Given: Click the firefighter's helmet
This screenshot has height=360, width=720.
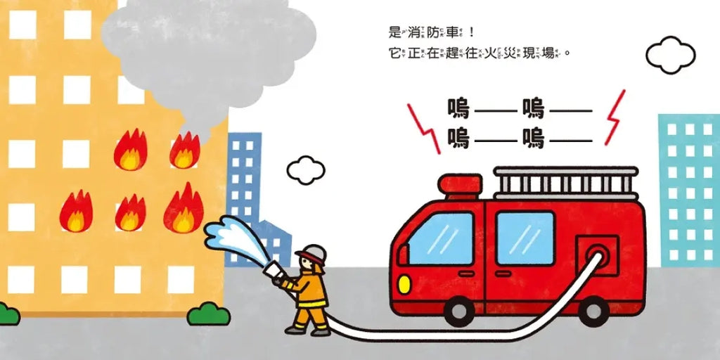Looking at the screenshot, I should tap(313, 253).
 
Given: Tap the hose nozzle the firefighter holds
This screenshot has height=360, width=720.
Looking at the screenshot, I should tap(274, 272).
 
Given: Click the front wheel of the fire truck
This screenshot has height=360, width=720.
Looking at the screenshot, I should tap(461, 310).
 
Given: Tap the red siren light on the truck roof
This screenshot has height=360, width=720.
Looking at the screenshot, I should tap(461, 184).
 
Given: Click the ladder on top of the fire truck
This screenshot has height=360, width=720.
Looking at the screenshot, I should tap(565, 182).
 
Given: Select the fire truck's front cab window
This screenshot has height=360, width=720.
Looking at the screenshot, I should tap(440, 239).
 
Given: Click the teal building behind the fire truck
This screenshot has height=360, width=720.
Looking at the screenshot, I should tap(688, 190).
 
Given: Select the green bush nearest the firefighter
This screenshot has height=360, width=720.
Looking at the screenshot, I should tap(209, 314).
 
